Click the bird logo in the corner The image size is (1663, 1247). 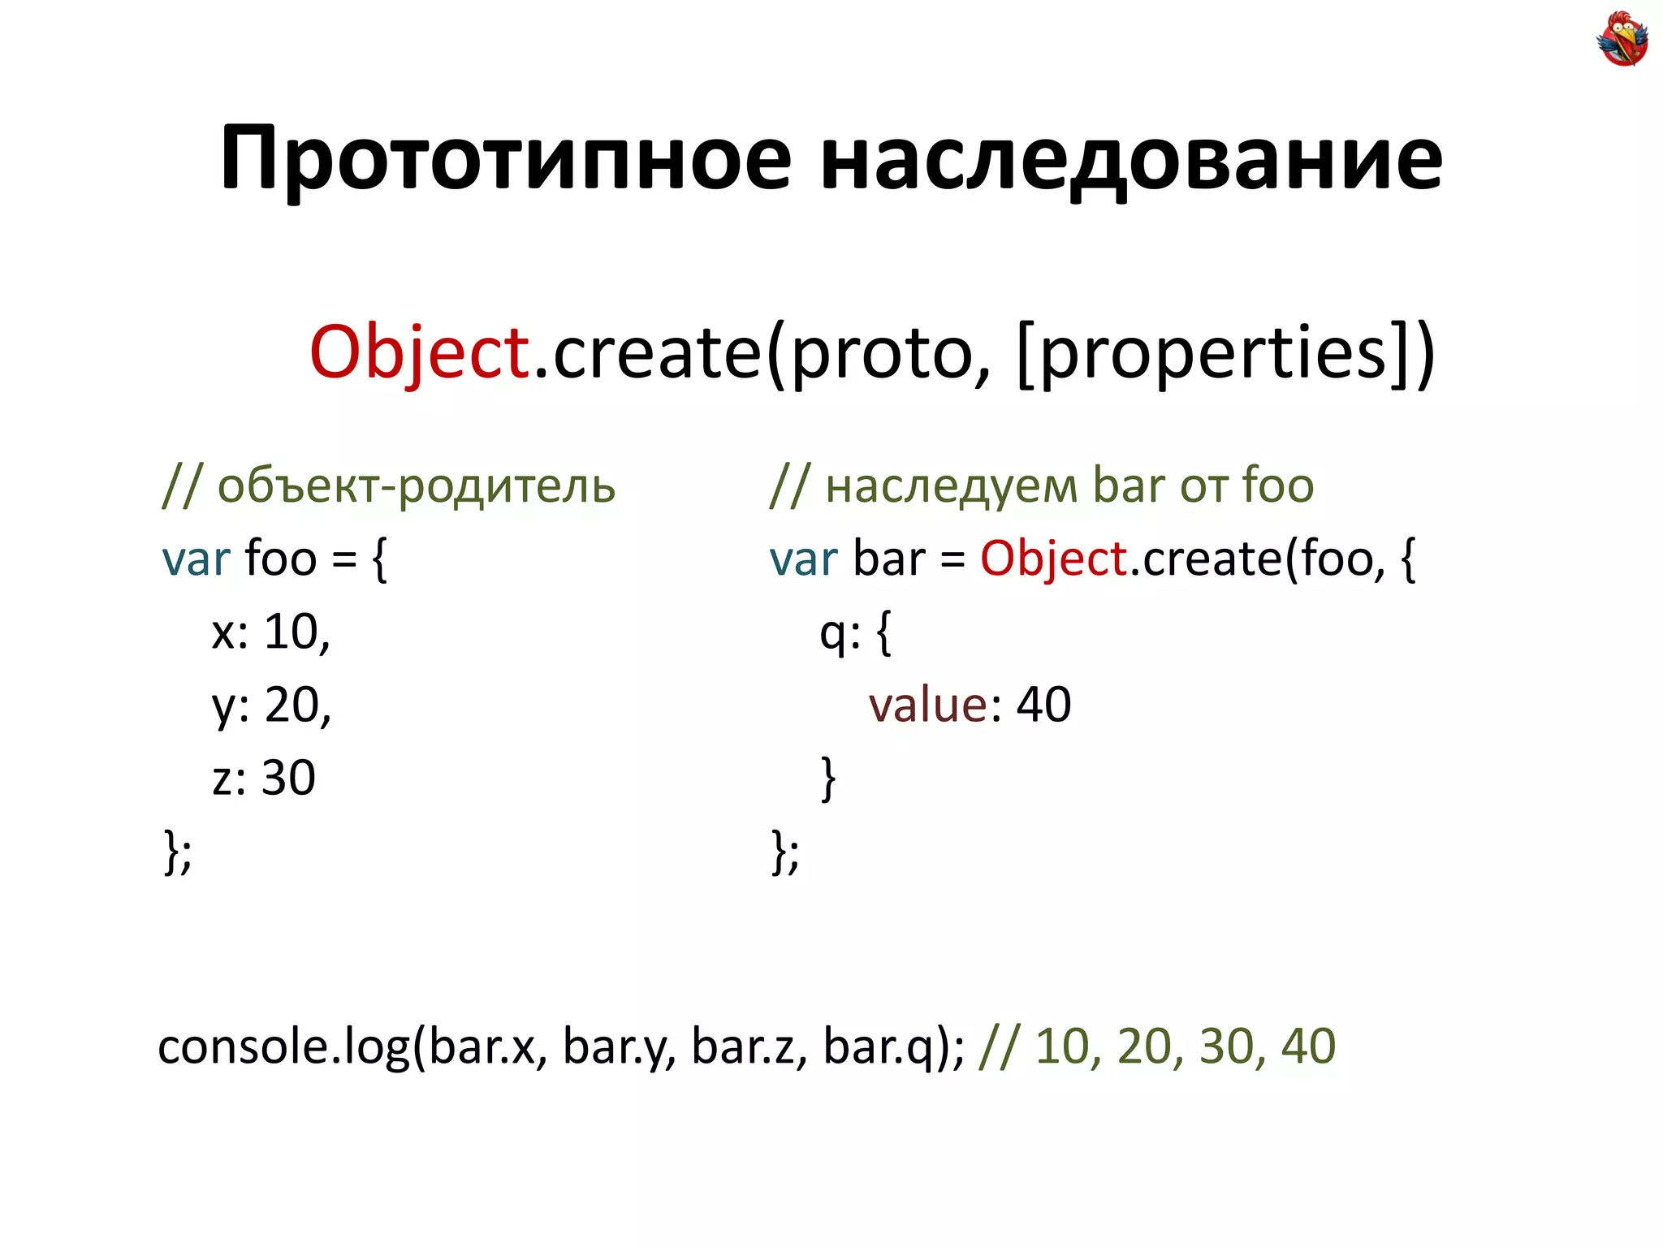[x=1622, y=38]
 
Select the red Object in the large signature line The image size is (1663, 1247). [x=419, y=352]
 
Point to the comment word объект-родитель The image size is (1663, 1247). [x=416, y=486]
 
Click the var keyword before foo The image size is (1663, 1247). [x=196, y=559]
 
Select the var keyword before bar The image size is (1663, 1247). [x=803, y=559]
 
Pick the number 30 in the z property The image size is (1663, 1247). [x=288, y=778]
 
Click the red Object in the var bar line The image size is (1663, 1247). [x=1052, y=559]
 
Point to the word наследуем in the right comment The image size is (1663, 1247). [x=952, y=486]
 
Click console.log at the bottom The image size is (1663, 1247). [x=284, y=1046]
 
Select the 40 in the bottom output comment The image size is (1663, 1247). [x=1307, y=1046]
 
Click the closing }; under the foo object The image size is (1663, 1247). [x=178, y=852]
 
